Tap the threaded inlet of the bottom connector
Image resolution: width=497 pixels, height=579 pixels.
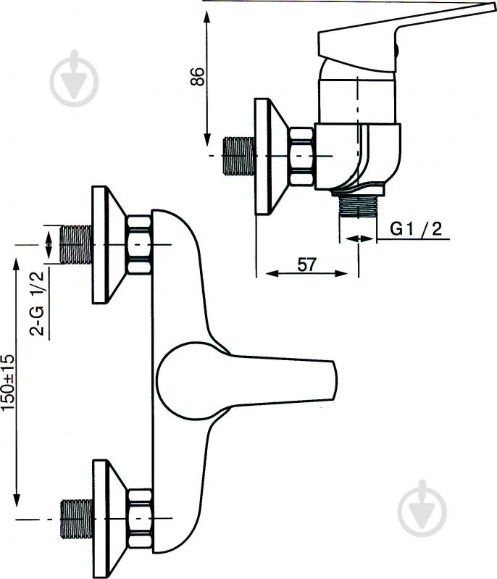[x=75, y=519]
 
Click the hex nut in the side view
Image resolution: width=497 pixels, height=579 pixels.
[x=301, y=157]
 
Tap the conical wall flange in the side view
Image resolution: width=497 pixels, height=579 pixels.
[x=271, y=157]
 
